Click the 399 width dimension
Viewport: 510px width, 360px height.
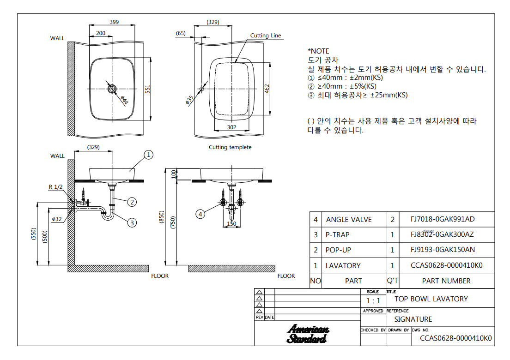pyautogui.click(x=114, y=22)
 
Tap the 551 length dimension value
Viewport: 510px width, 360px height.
pyautogui.click(x=148, y=90)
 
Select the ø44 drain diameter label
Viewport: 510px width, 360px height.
pyautogui.click(x=124, y=100)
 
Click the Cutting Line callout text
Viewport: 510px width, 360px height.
pyautogui.click(x=266, y=36)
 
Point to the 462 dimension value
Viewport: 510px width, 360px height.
pyautogui.click(x=267, y=89)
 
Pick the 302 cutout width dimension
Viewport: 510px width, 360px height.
pyautogui.click(x=231, y=127)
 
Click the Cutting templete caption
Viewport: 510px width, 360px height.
pyautogui.click(x=230, y=147)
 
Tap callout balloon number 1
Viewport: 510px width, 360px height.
pyautogui.click(x=148, y=155)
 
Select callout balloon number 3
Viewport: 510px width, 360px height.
pyautogui.click(x=132, y=223)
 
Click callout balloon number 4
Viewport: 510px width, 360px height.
pyautogui.click(x=200, y=214)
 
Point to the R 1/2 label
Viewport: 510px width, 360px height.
pyautogui.click(x=55, y=187)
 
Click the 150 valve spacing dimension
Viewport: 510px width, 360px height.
pyautogui.click(x=231, y=223)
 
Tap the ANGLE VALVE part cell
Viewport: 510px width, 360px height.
pyautogui.click(x=349, y=220)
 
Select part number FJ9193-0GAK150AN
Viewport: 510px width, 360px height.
pyautogui.click(x=443, y=250)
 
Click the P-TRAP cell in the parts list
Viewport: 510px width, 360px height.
pyautogui.click(x=338, y=234)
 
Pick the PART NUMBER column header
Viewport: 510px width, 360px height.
pyautogui.click(x=446, y=281)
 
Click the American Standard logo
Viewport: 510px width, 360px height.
pyautogui.click(x=307, y=334)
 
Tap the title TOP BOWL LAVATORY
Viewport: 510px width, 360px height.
pyautogui.click(x=431, y=299)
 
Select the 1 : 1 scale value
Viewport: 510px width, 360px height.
pyautogui.click(x=373, y=301)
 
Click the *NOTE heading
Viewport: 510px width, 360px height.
pyautogui.click(x=318, y=51)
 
